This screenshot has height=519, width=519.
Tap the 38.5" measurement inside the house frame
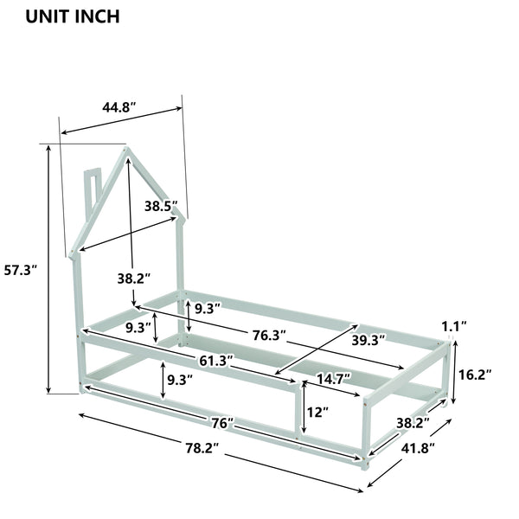pos(161,206)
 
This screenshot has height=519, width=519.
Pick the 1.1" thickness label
pos(453,326)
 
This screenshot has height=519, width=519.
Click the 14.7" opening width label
pos(334,378)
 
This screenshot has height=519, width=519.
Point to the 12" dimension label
pos(317,413)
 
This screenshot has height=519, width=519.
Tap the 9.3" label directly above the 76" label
pos(180,379)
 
